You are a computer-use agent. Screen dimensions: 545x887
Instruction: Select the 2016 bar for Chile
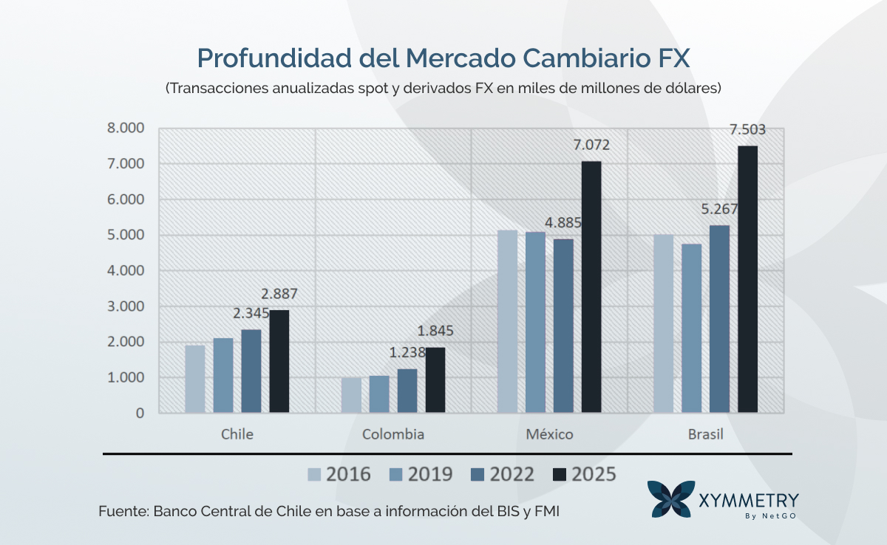(x=194, y=379)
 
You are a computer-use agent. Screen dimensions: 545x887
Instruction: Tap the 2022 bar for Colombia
(x=407, y=391)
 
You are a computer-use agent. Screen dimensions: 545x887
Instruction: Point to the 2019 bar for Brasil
(x=691, y=328)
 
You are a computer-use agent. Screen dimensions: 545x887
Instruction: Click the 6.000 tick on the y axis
(x=129, y=199)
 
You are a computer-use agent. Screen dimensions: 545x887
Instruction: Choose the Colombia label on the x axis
(x=393, y=434)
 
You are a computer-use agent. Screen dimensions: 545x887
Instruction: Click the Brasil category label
(x=705, y=434)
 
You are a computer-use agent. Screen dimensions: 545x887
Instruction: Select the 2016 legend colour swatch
(x=314, y=474)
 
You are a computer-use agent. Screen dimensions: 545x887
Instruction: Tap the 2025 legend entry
(x=584, y=474)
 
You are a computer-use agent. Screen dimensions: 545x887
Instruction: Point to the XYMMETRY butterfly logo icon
(x=670, y=499)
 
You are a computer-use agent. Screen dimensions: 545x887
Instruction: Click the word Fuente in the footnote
(x=123, y=512)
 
